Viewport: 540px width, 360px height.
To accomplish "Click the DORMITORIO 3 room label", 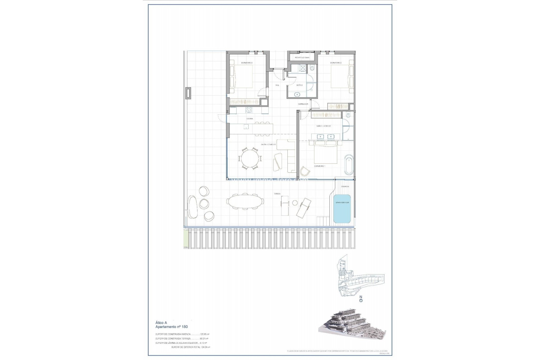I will tap(247, 63).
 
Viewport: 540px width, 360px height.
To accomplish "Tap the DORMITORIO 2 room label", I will tap(336, 63).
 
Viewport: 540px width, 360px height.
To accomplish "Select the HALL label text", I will tap(277, 85).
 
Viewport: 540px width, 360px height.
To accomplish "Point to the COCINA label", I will tap(249, 119).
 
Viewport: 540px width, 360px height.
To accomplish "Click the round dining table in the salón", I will tap(250, 159).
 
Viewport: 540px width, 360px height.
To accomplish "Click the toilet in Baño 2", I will tap(312, 68).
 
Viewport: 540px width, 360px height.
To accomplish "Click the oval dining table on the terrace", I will tap(244, 202).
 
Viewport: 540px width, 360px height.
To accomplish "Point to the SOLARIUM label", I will tap(345, 186).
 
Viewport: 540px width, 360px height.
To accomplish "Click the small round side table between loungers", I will tap(295, 203).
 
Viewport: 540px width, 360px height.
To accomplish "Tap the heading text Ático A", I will tap(161, 323).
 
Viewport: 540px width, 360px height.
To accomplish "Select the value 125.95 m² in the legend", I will tap(204, 334).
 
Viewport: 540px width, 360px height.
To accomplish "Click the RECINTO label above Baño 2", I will tap(302, 58).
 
